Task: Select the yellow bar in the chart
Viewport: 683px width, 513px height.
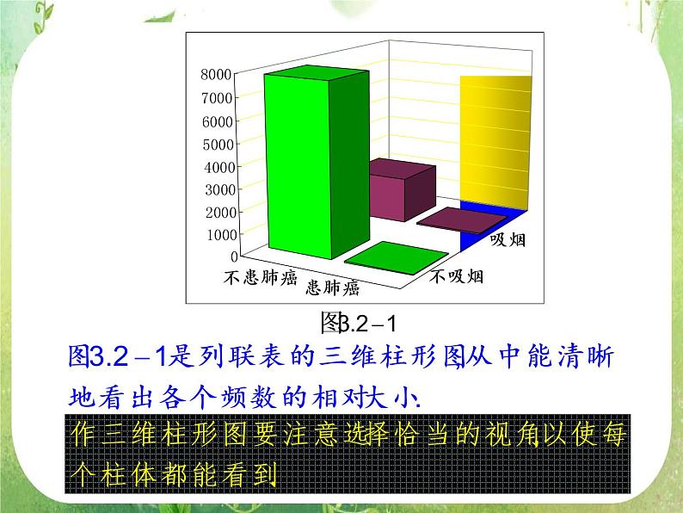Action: [x=495, y=138]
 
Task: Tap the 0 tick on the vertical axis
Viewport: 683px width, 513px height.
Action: [x=233, y=256]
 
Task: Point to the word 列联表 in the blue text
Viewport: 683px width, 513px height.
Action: [x=243, y=355]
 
